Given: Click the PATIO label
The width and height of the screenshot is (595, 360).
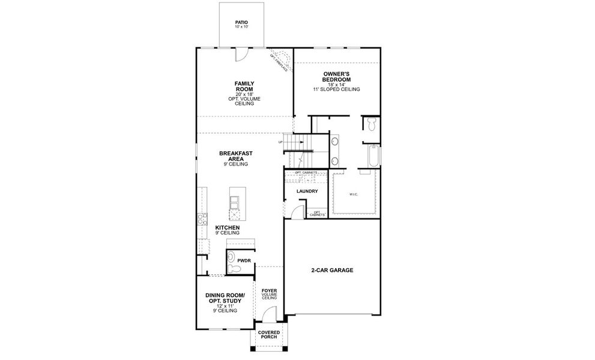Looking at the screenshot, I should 241,23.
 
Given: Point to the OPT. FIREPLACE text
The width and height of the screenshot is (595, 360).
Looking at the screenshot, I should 280,62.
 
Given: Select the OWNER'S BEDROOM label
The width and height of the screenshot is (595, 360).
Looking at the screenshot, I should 336,76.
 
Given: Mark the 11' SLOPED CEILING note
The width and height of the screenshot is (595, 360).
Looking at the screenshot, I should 336,89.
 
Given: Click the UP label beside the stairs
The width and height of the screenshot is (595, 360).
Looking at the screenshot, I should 280,142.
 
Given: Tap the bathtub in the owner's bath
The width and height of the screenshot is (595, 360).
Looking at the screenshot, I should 374,156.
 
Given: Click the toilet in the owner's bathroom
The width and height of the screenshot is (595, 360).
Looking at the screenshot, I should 372,125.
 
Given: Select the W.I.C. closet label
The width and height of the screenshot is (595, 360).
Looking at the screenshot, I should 352,194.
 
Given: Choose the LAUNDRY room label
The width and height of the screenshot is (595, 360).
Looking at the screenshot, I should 307,191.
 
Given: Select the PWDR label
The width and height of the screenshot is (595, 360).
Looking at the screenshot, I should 244,260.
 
